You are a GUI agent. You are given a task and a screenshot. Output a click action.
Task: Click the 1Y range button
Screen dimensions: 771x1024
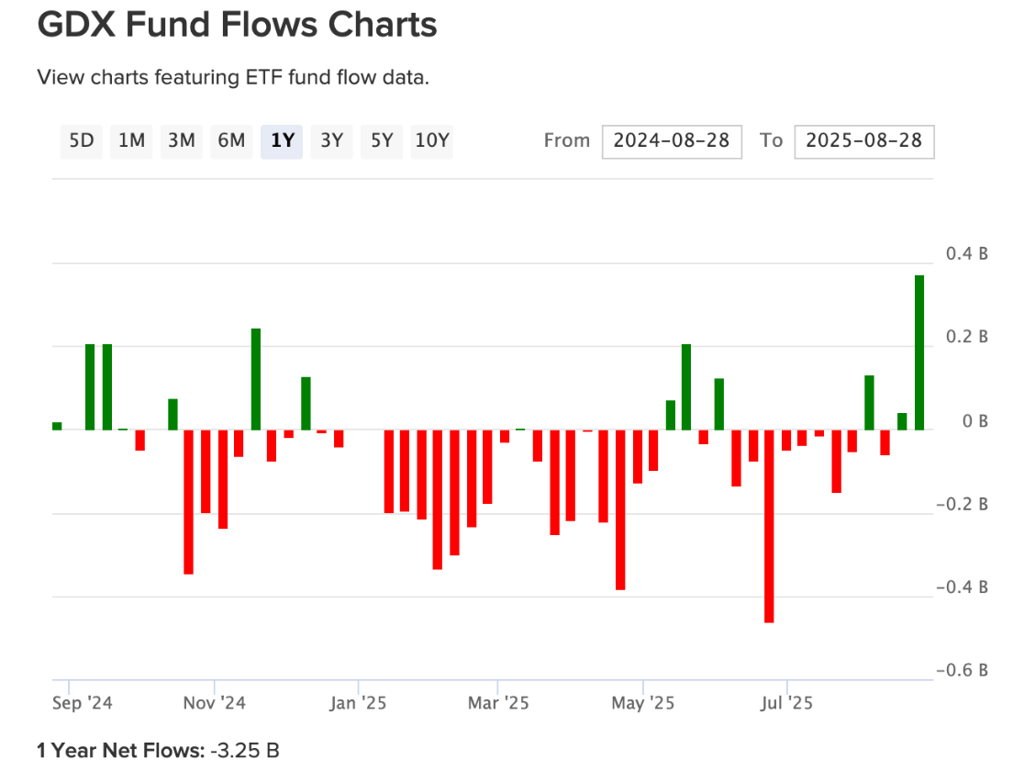pos(282,140)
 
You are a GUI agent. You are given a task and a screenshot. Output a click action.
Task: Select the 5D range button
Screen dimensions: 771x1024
pos(82,140)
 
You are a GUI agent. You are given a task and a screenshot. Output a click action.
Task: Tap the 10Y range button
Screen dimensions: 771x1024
pos(431,140)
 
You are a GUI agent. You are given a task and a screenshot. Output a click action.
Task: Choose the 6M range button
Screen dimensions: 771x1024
pos(231,140)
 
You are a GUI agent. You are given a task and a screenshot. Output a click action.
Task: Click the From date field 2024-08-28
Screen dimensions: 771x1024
pos(672,140)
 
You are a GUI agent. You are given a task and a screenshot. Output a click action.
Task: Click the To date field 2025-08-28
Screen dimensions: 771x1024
pos(863,140)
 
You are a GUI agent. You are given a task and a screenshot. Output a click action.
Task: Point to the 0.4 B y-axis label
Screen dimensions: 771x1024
pos(967,254)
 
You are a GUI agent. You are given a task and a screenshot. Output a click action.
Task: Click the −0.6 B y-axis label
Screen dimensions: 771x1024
pos(962,670)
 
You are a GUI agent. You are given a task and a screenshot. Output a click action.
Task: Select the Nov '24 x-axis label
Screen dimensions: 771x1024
pos(215,704)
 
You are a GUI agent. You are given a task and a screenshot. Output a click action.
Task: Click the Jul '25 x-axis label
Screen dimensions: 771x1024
pos(786,704)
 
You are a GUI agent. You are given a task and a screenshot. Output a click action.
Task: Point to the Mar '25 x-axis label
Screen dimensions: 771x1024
pos(497,704)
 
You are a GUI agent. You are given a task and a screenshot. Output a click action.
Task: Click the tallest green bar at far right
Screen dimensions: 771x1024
pos(918,352)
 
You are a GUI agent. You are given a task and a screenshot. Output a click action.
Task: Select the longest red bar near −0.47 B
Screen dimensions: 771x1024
pos(769,526)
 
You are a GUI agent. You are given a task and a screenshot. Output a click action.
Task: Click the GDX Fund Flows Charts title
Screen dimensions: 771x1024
pos(237,26)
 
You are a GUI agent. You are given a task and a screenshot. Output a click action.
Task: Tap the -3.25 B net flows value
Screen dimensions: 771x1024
pos(244,750)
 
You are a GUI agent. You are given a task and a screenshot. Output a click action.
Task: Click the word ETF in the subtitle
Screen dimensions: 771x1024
pos(262,77)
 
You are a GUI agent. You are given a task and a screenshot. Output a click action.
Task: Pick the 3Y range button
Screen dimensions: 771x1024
pos(331,140)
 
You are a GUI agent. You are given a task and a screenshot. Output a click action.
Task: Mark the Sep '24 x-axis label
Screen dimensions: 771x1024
pos(83,704)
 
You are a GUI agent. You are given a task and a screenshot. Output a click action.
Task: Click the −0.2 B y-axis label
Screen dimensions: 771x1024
pos(962,504)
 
